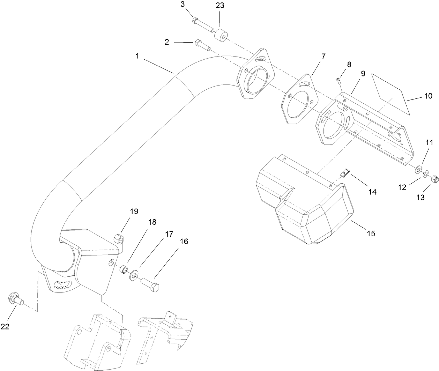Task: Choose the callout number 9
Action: coord(363,74)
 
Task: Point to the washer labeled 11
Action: coord(417,171)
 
